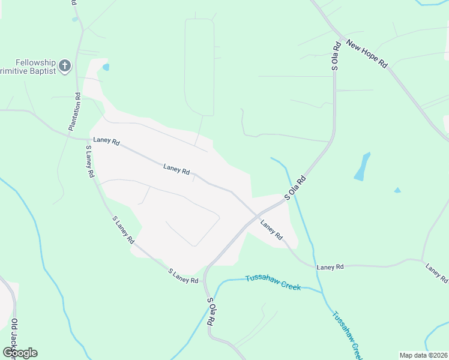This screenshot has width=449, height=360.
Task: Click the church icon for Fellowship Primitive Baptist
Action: click(65, 65)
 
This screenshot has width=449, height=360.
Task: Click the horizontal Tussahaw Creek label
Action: click(273, 282)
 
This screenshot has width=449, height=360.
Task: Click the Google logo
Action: click(20, 353)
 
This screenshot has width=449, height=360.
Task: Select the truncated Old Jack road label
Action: click(13, 339)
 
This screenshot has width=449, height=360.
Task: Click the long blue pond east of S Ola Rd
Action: click(362, 166)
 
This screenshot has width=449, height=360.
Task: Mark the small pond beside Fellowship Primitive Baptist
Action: click(106, 67)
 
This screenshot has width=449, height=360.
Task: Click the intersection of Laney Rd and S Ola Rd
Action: click(258, 214)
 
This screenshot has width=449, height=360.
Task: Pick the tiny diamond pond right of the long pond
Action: click(397, 190)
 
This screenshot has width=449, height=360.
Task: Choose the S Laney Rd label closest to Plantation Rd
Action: click(90, 161)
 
